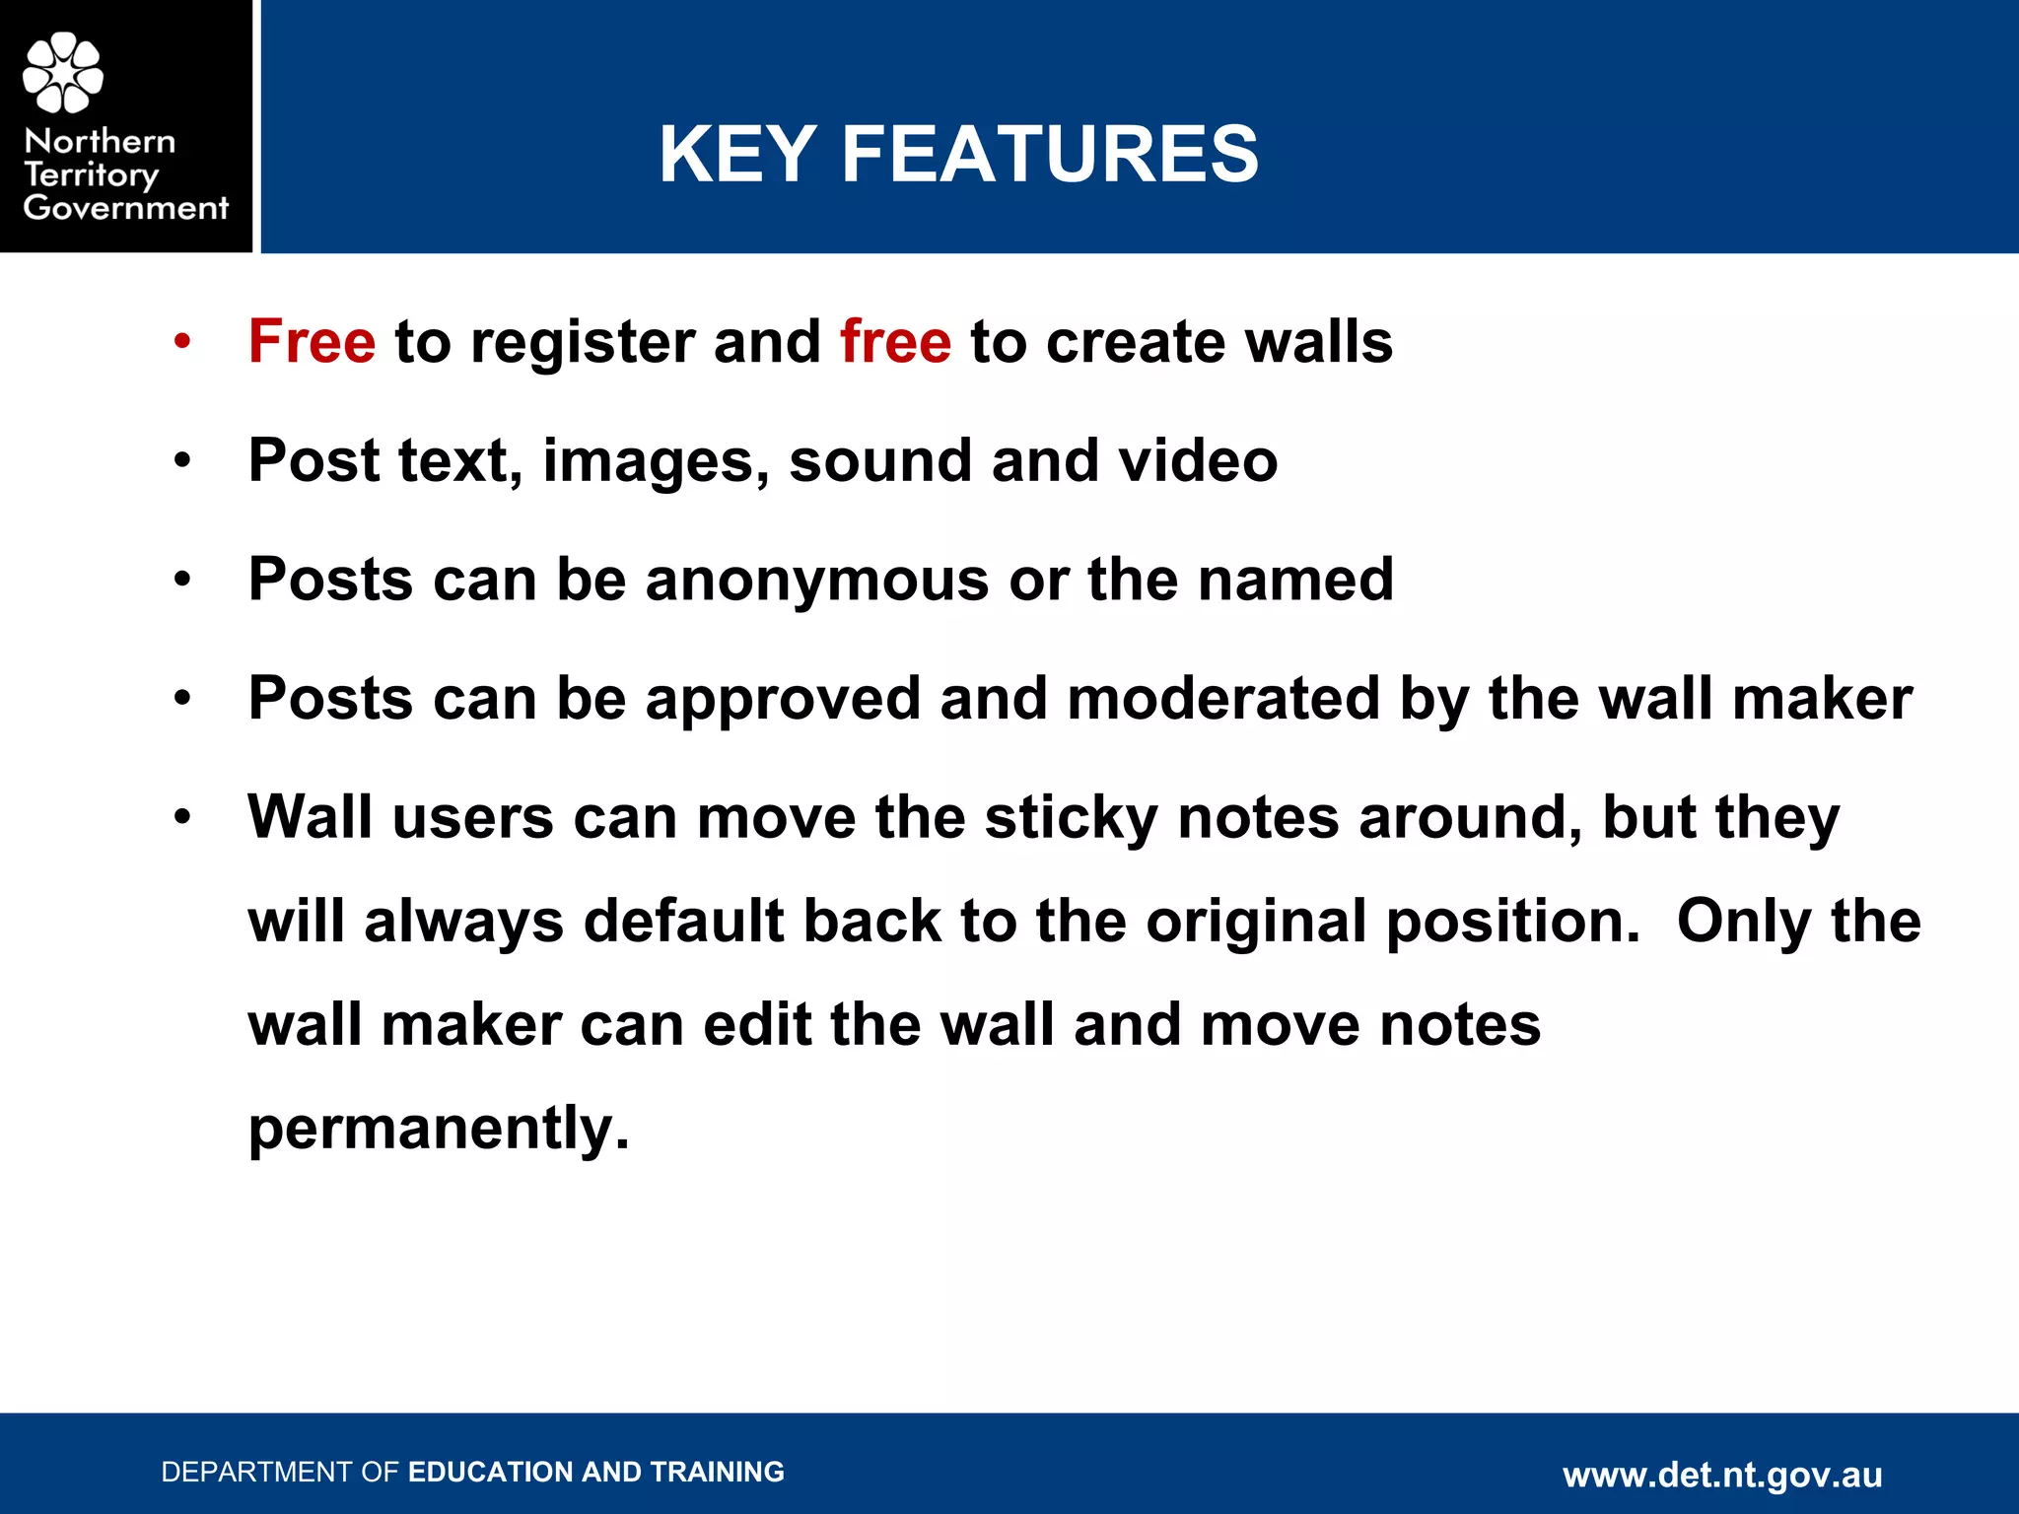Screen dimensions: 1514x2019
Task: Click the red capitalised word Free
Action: pyautogui.click(x=312, y=342)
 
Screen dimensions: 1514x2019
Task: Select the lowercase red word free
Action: pyautogui.click(x=895, y=342)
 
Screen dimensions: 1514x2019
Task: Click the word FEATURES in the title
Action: pyautogui.click(x=1050, y=155)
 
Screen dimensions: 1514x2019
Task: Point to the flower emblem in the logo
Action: pyautogui.click(x=63, y=72)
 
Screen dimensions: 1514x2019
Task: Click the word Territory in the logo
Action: pyautogui.click(x=91, y=175)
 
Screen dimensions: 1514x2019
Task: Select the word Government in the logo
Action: pyautogui.click(x=126, y=208)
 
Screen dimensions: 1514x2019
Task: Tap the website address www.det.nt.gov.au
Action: pyautogui.click(x=1722, y=1476)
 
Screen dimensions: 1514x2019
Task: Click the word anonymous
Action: pyautogui.click(x=817, y=580)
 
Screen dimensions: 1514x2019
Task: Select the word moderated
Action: pyautogui.click(x=1223, y=699)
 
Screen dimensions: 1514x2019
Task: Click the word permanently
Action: pyautogui.click(x=438, y=1129)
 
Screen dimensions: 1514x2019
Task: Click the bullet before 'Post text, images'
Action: pyautogui.click(x=182, y=461)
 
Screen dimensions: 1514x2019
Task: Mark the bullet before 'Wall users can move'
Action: pyautogui.click(x=182, y=818)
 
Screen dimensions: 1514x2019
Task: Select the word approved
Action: pyautogui.click(x=783, y=700)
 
